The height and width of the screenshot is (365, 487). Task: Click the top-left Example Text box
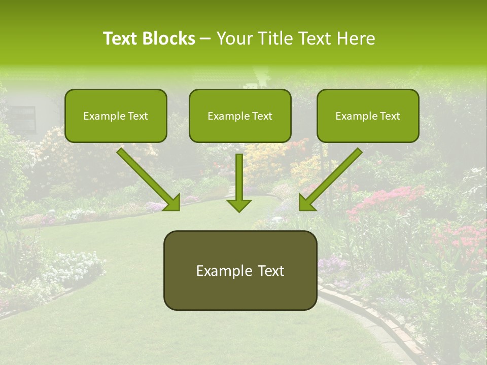116,116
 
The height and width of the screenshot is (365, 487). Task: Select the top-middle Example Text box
240,116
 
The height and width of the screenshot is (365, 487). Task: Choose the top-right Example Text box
368,116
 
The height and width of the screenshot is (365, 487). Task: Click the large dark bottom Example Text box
240,270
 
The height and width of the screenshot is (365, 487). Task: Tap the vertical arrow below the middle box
239,182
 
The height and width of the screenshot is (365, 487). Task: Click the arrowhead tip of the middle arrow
239,210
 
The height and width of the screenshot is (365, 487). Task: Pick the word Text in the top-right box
390,116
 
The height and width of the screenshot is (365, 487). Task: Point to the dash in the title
206,39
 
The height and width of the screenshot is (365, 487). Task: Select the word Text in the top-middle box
262,116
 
